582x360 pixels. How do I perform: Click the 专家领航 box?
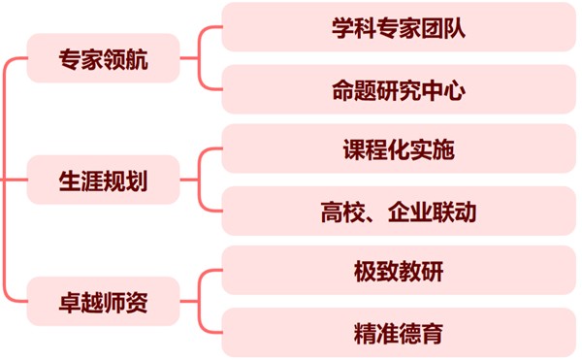(x=103, y=58)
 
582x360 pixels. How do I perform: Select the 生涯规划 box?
(x=103, y=180)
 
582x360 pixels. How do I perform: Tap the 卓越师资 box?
(x=103, y=302)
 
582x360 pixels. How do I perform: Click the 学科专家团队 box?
(x=399, y=28)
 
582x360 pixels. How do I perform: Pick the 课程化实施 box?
(x=399, y=150)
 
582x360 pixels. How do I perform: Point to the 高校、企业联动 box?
(x=399, y=211)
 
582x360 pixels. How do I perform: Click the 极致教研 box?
(x=399, y=272)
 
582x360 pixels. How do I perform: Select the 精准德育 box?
(x=399, y=333)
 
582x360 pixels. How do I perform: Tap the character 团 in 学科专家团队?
(x=432, y=28)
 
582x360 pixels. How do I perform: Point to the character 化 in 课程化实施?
(x=399, y=150)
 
